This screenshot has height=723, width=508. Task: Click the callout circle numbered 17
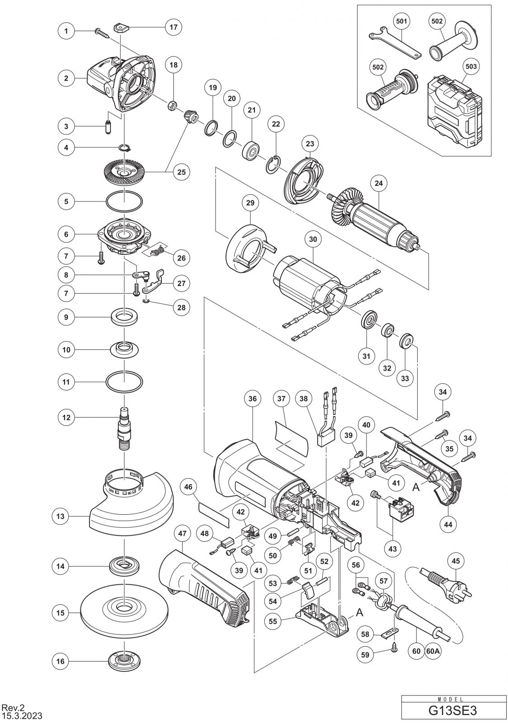[173, 27]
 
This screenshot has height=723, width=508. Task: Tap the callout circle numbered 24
[378, 183]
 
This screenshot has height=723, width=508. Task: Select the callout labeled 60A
[433, 651]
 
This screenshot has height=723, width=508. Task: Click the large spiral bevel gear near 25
[124, 174]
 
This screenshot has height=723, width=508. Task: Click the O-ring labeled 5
[124, 202]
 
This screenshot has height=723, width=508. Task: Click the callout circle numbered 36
[252, 399]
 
